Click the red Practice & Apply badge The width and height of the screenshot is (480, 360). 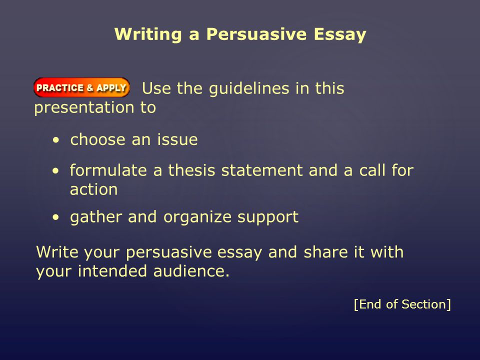coord(81,87)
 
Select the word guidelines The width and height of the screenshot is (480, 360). coord(249,89)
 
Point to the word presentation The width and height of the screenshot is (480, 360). coord(84,108)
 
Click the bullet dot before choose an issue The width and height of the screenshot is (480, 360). coord(56,140)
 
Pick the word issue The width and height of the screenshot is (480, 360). coord(177,139)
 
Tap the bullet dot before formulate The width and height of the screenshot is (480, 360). coord(55,171)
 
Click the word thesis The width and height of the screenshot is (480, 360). coord(192,170)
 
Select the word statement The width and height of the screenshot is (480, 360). coord(262,170)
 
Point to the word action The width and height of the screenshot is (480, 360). coord(93,189)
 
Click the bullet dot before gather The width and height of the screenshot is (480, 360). coord(55,217)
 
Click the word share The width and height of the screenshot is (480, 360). coord(325,252)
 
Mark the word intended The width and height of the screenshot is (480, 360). coord(112,271)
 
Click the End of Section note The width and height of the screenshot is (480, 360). coord(402,304)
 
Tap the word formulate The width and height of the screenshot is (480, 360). coord(108,170)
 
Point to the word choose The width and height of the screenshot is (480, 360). coord(98,139)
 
